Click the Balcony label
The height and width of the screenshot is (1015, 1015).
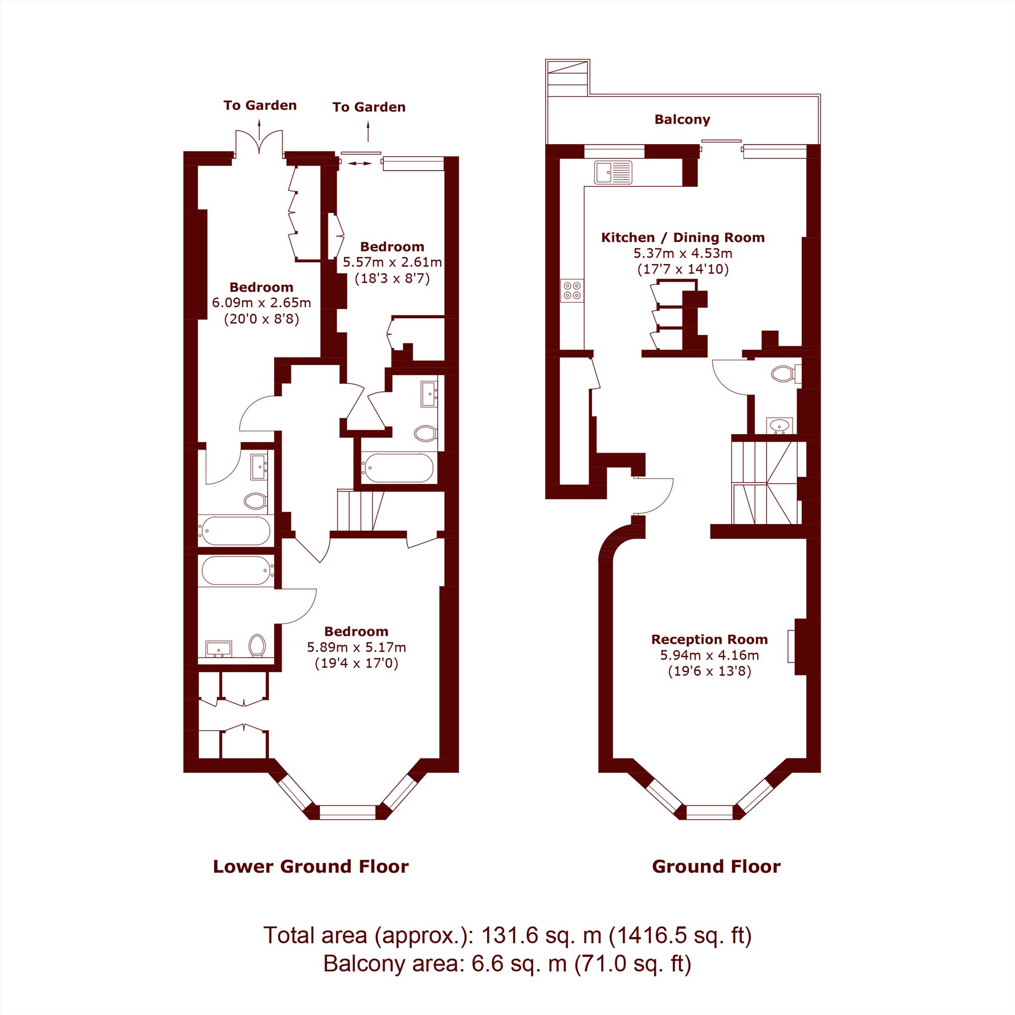tap(682, 120)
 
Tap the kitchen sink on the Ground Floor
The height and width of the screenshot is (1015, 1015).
tap(613, 172)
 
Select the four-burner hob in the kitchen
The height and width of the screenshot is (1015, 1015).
tap(572, 290)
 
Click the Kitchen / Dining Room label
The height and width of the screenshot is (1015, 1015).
tap(682, 238)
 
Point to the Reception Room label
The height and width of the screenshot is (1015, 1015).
tap(709, 639)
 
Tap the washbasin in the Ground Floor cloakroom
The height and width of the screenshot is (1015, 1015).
tap(779, 425)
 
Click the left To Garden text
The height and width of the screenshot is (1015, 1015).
tap(260, 106)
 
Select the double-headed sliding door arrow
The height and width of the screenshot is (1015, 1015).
tap(359, 163)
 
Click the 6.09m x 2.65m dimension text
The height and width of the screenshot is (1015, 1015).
tap(261, 303)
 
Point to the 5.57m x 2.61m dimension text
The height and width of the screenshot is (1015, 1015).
tap(392, 262)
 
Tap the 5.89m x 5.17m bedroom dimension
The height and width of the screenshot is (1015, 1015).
tap(356, 647)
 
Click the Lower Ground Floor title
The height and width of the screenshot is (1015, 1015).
tap(310, 866)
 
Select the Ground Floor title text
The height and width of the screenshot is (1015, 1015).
tap(716, 866)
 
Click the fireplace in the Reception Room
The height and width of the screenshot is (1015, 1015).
tap(800, 646)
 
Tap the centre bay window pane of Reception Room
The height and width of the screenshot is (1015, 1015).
tap(709, 812)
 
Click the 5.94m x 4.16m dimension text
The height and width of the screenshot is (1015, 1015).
tap(709, 655)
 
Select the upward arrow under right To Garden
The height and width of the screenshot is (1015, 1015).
tap(368, 132)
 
